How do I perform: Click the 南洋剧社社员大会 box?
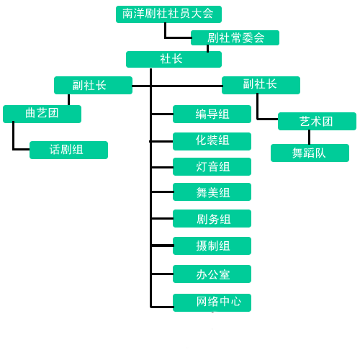coord(168,14)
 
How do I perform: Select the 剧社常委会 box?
coord(235,37)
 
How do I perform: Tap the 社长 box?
coord(174,59)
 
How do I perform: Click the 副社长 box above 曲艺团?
coord(93,85)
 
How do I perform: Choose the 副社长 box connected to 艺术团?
coord(261,85)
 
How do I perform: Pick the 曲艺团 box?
coord(42,114)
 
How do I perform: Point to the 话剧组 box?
coord(68,150)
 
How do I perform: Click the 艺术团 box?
coord(317,121)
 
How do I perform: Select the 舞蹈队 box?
coord(310,153)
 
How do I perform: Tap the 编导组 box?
coord(212,114)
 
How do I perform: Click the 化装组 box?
coord(212,141)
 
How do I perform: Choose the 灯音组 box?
coord(212,166)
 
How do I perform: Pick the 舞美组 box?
coord(212,192)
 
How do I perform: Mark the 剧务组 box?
coord(212,218)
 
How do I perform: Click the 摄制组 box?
coord(212,246)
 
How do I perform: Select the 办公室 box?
coord(212,274)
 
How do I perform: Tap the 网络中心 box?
coord(212,302)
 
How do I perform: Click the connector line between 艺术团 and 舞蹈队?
coord(309,137)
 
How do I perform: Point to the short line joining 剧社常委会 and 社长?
coord(207,48)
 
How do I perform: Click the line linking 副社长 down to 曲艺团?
coord(68,99)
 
